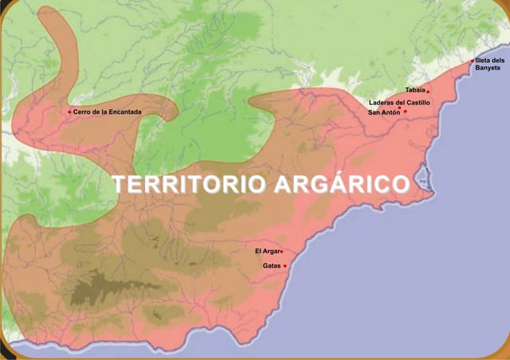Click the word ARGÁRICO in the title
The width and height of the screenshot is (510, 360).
[x=343, y=184]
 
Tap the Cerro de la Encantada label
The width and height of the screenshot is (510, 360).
[x=107, y=112]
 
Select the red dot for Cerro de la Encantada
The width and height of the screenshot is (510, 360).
[x=69, y=112]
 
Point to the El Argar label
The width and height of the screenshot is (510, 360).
[x=266, y=252]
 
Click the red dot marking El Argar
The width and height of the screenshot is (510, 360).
[x=282, y=252]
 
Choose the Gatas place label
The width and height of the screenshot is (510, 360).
[x=271, y=266]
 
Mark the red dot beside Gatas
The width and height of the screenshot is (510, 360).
[x=284, y=266]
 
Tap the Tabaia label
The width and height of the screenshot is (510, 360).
[x=414, y=91]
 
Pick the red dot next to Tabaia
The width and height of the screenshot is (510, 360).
[x=428, y=92]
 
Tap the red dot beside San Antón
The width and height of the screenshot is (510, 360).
[x=405, y=112]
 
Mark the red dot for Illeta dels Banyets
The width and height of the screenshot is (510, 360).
[x=472, y=61]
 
